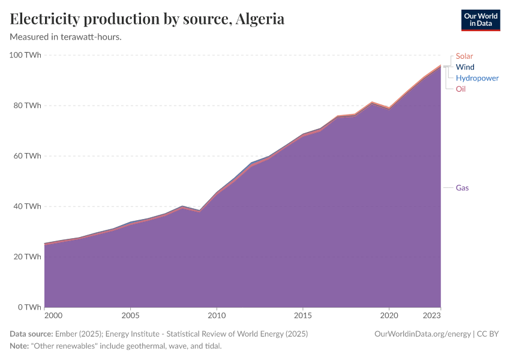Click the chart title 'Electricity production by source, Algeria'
point(147,19)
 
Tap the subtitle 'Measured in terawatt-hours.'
point(66,37)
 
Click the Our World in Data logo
point(480,20)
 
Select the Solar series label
point(464,56)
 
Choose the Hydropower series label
point(477,78)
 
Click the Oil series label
point(460,89)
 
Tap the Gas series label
point(462,188)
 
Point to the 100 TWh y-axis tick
point(25,55)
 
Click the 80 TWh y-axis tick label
point(26,106)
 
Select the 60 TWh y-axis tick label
point(26,156)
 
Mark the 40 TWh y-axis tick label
point(26,206)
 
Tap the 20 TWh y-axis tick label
point(26,257)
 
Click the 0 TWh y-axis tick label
point(28,307)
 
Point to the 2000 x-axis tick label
point(53,315)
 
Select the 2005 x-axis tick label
point(131,315)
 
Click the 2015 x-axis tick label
point(303,315)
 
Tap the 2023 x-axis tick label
point(432,315)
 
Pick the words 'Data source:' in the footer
point(31,334)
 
